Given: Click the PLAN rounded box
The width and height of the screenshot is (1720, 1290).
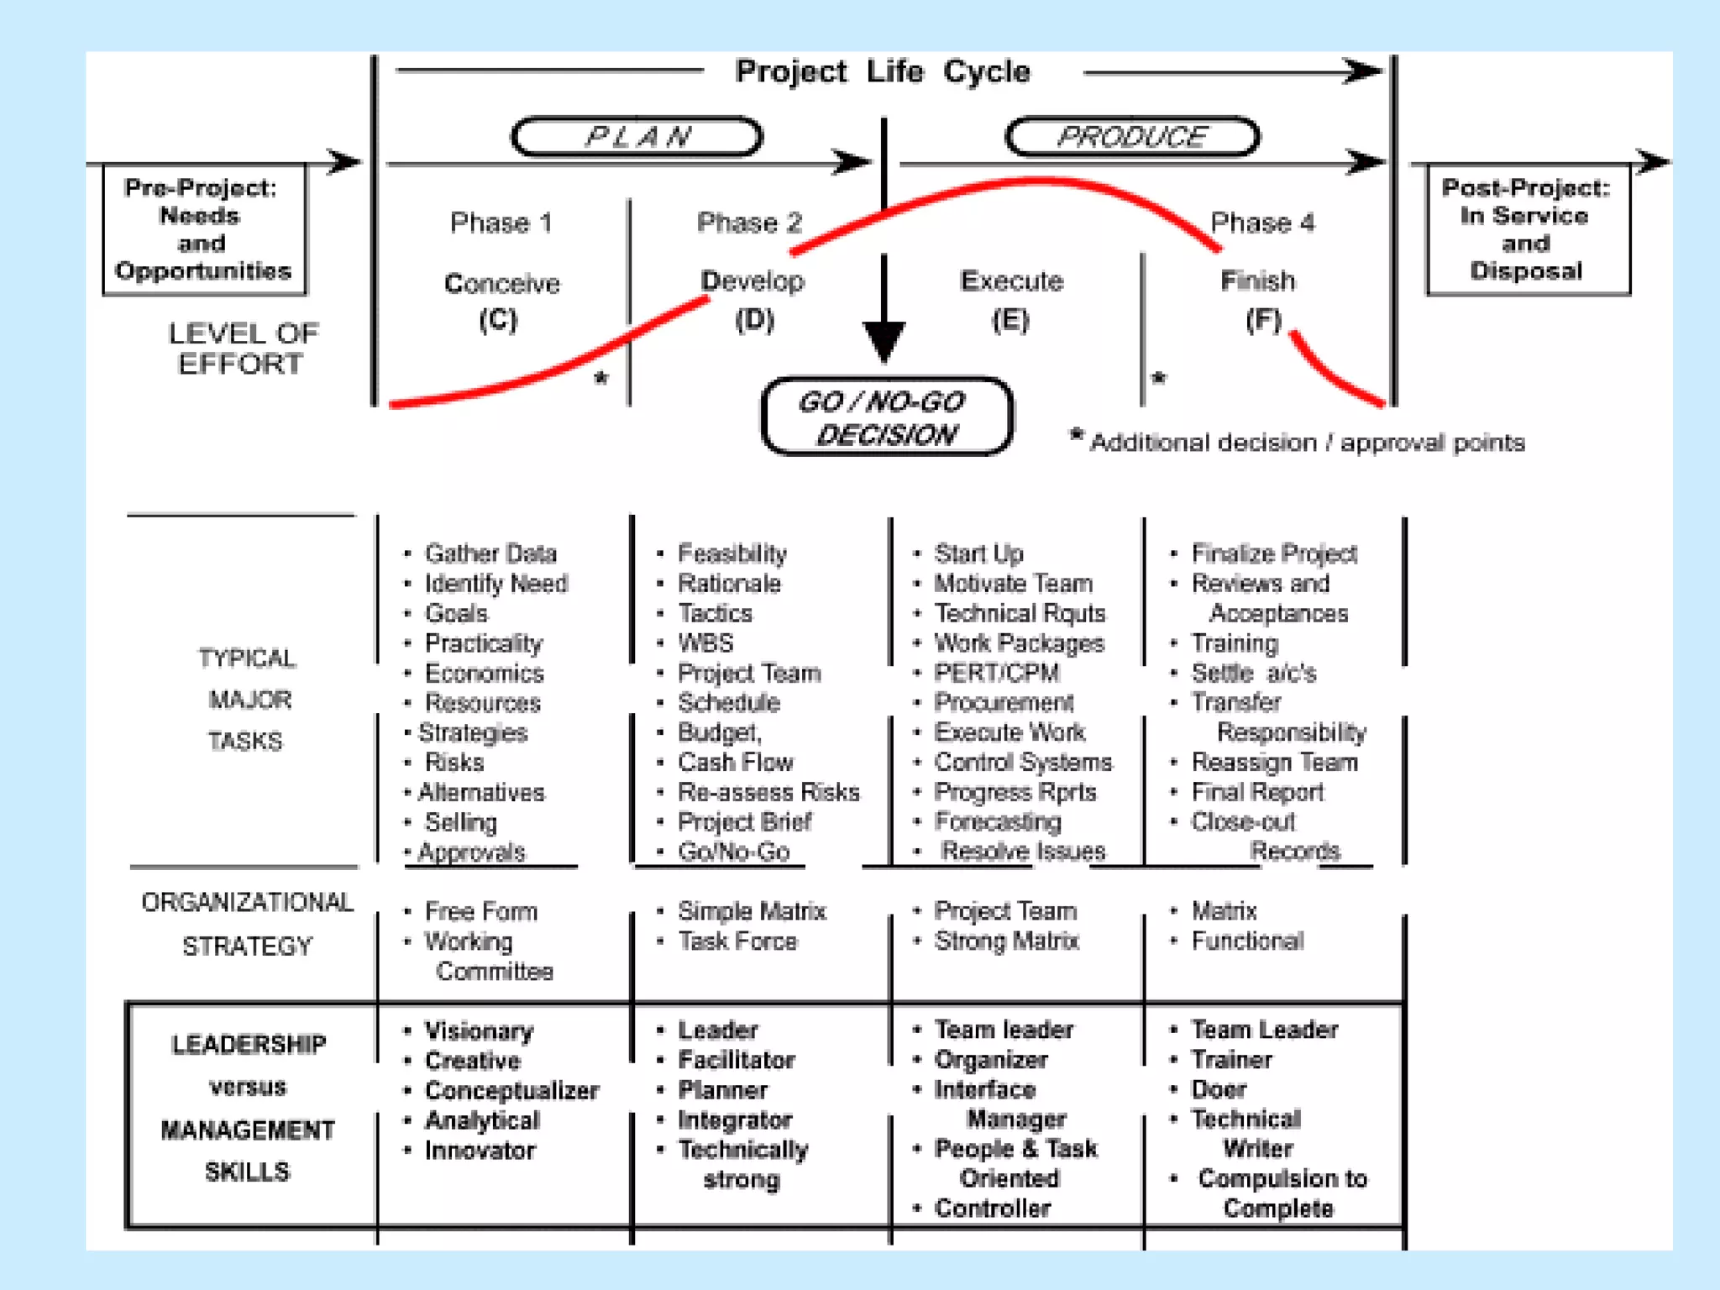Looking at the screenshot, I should pos(637,137).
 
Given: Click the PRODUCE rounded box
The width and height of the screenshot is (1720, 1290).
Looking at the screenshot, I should pos(1132,137).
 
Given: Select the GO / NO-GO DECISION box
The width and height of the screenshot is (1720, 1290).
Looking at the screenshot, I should pos(886,417).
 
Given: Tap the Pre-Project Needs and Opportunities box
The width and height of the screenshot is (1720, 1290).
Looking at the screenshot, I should pos(203,228).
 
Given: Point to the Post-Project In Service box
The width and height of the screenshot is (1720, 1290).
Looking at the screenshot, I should pos(1527,228).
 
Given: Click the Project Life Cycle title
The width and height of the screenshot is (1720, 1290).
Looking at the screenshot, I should pos(882,72).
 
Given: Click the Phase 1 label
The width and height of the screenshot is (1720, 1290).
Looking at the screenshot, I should pos(501,223).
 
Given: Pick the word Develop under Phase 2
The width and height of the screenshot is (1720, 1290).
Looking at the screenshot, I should pos(752,281).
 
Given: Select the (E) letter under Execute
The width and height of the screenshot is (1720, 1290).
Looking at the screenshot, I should pos(1009,320).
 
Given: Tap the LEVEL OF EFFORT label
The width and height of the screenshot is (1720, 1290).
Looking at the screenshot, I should pos(243,349).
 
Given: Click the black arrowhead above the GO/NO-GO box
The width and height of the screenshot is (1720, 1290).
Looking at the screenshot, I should pos(884,340).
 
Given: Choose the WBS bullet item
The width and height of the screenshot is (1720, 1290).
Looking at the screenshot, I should pos(705,643).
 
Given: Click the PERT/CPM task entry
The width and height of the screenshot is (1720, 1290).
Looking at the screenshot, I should pos(997,673).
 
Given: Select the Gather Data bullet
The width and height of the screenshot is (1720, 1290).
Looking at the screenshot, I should pos(490,553).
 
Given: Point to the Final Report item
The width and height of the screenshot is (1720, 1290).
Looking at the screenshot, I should pos(1257,792).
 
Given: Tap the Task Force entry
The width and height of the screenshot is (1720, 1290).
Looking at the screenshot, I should pos(737,941).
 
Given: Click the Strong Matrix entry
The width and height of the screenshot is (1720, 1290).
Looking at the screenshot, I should pos(1006,941).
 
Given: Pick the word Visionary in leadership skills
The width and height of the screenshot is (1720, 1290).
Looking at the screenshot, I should pos(479,1030).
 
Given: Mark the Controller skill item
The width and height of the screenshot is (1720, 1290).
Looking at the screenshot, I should pos(993,1209).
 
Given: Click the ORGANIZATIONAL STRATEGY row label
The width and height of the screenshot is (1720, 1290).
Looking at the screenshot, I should pos(247,924).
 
